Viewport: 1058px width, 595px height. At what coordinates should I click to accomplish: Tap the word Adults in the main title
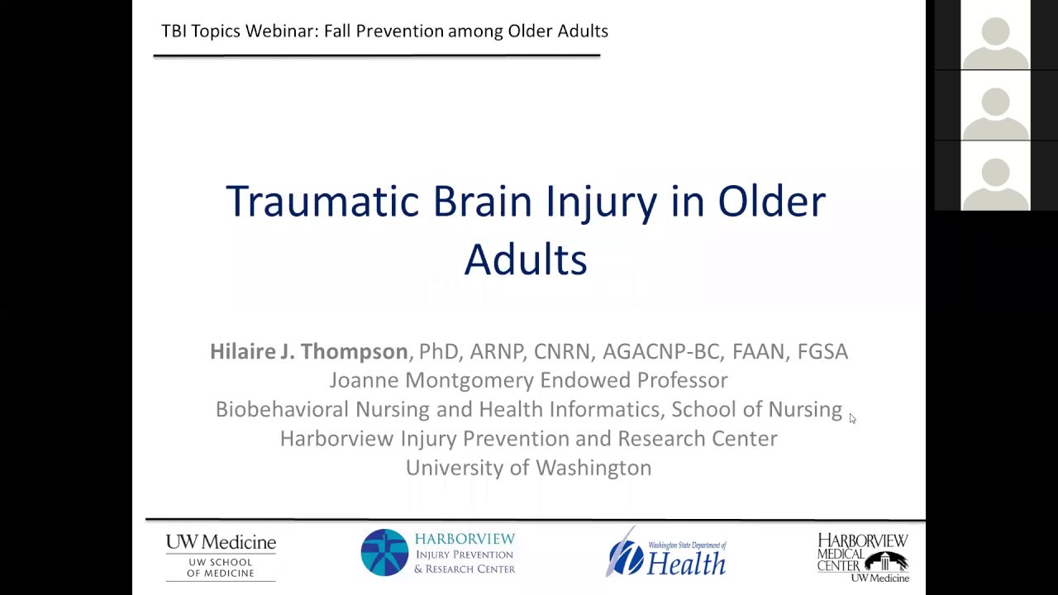click(525, 259)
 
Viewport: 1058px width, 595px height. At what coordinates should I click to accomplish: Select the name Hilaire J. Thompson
click(308, 351)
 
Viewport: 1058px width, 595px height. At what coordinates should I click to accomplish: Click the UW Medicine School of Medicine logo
click(221, 555)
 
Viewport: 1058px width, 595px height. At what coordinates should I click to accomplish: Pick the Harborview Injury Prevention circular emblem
click(384, 553)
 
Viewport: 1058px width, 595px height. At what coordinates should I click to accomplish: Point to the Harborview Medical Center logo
click(863, 556)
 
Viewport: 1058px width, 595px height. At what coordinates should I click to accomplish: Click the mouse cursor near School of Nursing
click(852, 418)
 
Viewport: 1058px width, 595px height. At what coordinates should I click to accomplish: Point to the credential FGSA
click(822, 351)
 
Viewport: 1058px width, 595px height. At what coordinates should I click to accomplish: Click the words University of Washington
click(528, 468)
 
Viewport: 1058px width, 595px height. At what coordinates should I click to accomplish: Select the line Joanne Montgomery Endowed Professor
click(528, 380)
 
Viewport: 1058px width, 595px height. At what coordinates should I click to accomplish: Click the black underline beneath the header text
click(376, 55)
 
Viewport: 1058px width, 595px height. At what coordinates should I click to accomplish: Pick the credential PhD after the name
click(438, 351)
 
